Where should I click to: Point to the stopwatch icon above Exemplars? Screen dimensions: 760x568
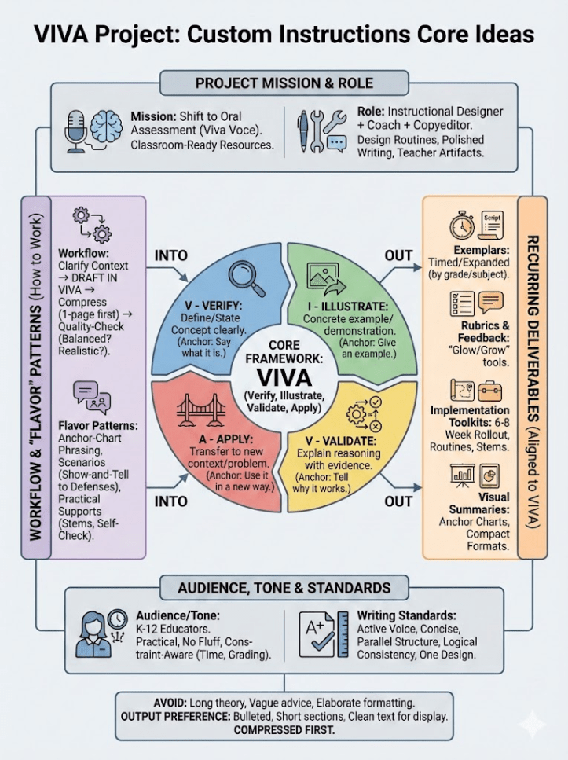click(462, 226)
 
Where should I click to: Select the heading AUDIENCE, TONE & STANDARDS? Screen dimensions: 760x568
click(284, 587)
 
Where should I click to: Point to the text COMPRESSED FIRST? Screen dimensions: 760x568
click(284, 731)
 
